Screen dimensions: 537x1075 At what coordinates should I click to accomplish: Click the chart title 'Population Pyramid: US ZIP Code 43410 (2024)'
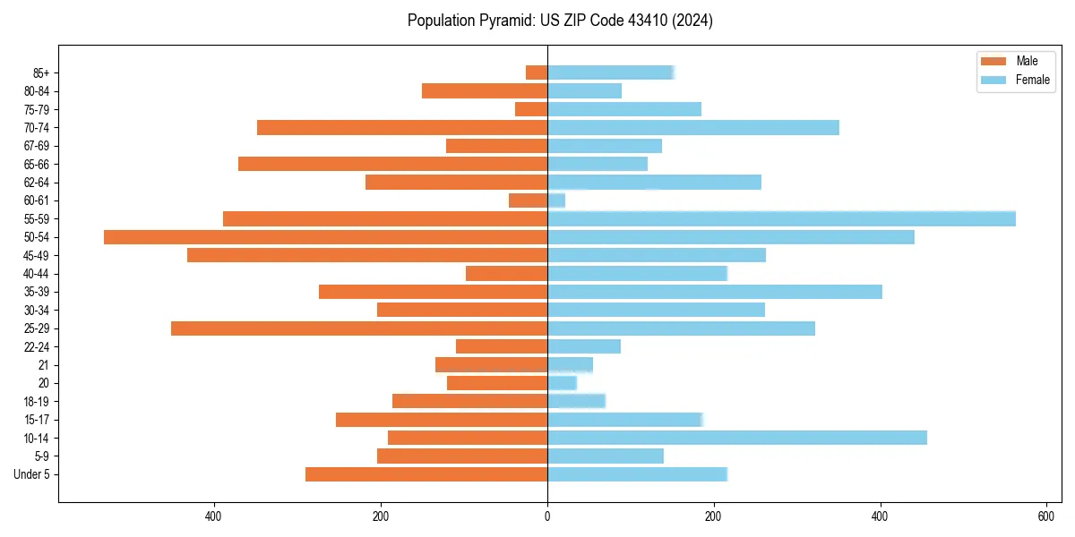coord(560,21)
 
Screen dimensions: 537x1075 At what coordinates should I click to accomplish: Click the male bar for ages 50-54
coord(325,237)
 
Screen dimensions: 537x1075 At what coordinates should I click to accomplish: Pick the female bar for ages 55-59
coord(781,218)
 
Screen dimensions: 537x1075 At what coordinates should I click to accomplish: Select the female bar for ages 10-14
coord(736,438)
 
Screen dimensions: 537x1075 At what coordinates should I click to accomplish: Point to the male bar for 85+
coord(537,72)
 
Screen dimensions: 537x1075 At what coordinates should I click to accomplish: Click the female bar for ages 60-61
coord(556,200)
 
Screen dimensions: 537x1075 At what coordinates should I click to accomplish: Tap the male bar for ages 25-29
coord(359,328)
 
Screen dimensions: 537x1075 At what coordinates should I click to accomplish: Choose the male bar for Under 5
coord(426,474)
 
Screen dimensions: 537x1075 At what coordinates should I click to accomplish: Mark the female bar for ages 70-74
coord(692,127)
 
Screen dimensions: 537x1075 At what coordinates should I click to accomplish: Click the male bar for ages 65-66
coord(392,164)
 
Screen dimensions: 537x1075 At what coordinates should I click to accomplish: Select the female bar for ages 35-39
coord(714,292)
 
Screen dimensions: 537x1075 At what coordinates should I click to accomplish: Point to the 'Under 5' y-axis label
coord(31,474)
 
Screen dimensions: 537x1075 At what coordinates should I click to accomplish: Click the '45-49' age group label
coord(37,255)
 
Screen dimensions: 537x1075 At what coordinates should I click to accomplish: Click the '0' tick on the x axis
coord(547,516)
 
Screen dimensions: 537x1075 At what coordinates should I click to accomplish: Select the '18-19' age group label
coord(37,401)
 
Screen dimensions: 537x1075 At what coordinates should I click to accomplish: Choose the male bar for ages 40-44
coord(506,274)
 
